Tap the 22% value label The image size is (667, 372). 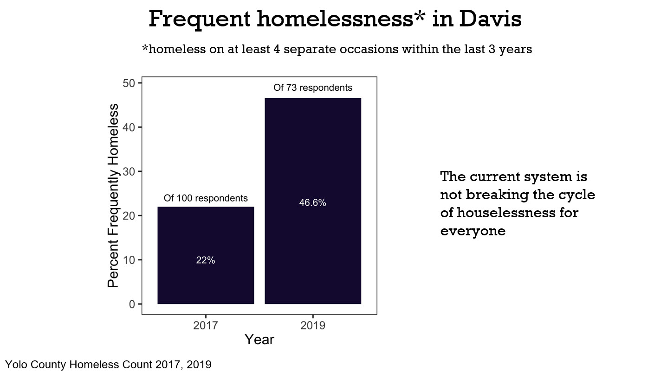pyautogui.click(x=206, y=260)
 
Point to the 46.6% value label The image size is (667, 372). pyautogui.click(x=313, y=203)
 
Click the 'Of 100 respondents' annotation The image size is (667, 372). pyautogui.click(x=206, y=198)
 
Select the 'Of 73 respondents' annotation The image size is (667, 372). pyautogui.click(x=313, y=88)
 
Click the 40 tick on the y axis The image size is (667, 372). pyautogui.click(x=130, y=127)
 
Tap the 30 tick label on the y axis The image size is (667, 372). pyautogui.click(x=130, y=171)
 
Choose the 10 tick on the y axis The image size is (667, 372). pyautogui.click(x=130, y=260)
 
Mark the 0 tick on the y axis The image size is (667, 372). pyautogui.click(x=132, y=304)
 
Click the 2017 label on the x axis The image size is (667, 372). pyautogui.click(x=206, y=325)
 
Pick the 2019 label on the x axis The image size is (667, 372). pyautogui.click(x=313, y=325)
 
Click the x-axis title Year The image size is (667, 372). pyautogui.click(x=259, y=340)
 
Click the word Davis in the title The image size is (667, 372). pyautogui.click(x=491, y=19)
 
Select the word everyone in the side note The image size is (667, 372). pyautogui.click(x=473, y=231)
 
